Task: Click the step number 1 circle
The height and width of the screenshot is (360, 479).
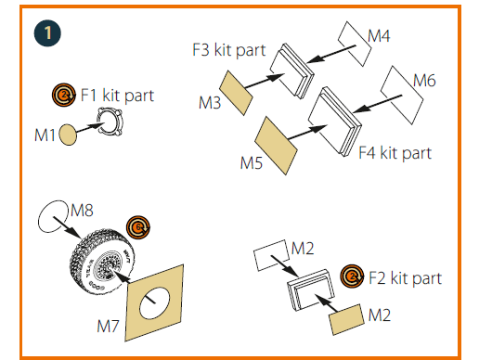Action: (x=47, y=33)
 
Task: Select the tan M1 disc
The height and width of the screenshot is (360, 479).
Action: (x=68, y=135)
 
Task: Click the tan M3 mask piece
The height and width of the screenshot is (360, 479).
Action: (x=236, y=93)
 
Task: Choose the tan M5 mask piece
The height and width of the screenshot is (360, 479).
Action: (x=276, y=146)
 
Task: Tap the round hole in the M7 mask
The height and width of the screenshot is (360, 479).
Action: (x=154, y=303)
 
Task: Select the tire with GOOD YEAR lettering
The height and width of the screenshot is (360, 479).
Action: (x=102, y=262)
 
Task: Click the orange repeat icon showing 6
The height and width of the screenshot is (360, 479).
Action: (x=138, y=227)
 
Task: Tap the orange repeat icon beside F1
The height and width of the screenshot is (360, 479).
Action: (x=64, y=95)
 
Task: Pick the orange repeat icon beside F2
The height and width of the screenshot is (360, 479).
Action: (x=352, y=276)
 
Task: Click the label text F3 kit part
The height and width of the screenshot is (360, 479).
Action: (x=229, y=50)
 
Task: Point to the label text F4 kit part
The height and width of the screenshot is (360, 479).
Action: (x=395, y=153)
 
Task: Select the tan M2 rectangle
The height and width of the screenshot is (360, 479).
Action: (x=346, y=319)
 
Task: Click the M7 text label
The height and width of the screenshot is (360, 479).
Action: (x=108, y=326)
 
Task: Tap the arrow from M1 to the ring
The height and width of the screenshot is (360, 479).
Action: (x=90, y=128)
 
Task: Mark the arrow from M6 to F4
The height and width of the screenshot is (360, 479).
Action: (x=377, y=104)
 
